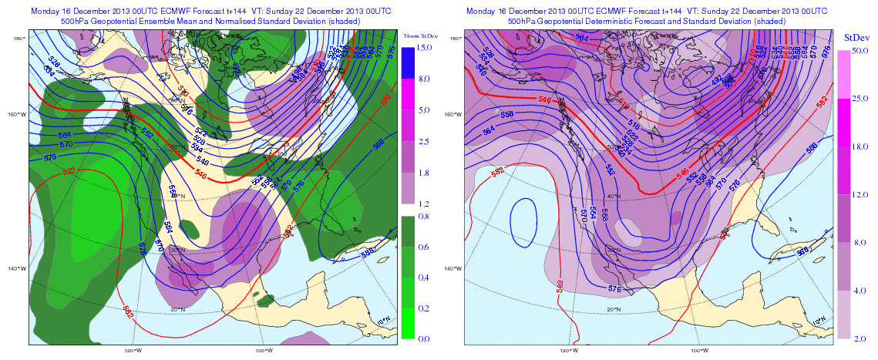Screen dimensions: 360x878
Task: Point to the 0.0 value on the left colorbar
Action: [424, 338]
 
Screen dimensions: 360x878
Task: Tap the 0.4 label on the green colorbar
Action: [424, 278]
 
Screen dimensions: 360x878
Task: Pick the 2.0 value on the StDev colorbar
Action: [858, 338]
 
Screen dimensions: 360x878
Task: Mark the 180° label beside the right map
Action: [456, 38]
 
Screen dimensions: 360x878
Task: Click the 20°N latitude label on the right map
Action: [614, 309]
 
